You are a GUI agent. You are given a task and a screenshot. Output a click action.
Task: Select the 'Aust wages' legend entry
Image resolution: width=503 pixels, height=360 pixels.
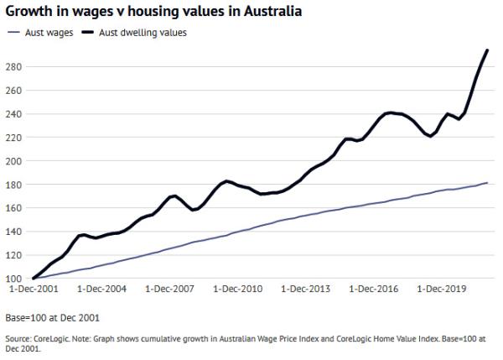42,32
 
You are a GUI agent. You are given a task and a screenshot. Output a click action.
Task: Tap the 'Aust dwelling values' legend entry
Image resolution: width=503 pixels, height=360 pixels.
137,32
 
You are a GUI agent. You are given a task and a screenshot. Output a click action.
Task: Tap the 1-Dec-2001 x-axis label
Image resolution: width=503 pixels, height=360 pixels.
34,290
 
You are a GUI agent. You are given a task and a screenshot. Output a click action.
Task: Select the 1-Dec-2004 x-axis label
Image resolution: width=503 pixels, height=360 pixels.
102,290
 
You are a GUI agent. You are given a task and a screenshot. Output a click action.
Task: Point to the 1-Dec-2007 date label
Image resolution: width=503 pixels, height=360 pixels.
170,290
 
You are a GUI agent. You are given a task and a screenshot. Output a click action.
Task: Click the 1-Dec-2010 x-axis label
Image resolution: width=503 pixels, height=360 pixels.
238,290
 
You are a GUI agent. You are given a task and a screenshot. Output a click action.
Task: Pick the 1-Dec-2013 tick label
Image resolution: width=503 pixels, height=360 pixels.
306,290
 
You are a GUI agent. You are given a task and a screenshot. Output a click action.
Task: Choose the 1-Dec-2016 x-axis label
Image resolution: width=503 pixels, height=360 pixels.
374,290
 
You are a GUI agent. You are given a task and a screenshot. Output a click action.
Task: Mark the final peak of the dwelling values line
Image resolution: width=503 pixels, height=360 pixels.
488,50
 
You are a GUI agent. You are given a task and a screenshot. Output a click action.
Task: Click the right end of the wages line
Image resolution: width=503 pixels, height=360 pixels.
488,182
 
